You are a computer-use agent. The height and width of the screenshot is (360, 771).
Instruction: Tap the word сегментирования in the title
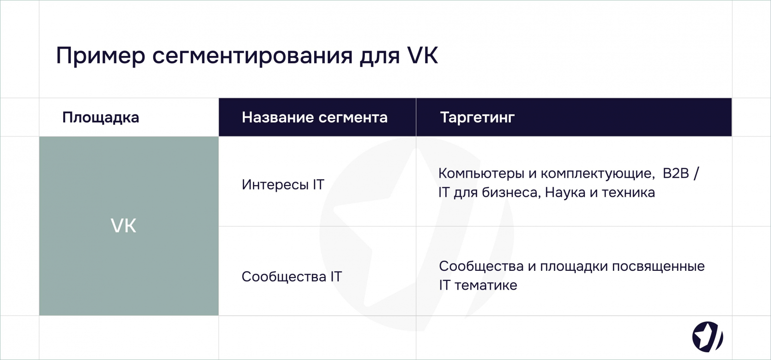[253, 55]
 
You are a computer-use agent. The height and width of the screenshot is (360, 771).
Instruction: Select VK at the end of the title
[423, 55]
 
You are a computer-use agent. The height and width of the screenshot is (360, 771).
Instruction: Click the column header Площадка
[101, 118]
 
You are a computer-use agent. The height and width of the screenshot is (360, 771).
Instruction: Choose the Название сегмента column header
[315, 117]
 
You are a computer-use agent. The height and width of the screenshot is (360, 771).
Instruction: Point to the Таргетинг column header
[478, 118]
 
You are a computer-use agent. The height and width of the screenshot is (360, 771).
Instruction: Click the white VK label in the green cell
[123, 226]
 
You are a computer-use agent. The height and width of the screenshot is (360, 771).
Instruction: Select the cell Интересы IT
[283, 185]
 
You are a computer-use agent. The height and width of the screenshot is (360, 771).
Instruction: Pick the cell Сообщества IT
[292, 276]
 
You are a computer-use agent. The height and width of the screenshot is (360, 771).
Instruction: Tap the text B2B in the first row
[676, 173]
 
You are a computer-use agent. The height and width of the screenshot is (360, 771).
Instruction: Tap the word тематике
[486, 285]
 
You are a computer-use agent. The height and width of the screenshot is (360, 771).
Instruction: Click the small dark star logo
[708, 337]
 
